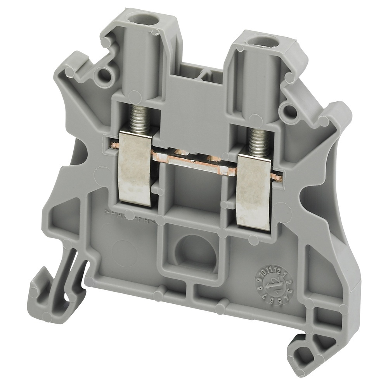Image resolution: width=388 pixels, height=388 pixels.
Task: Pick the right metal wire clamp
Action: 255,190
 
